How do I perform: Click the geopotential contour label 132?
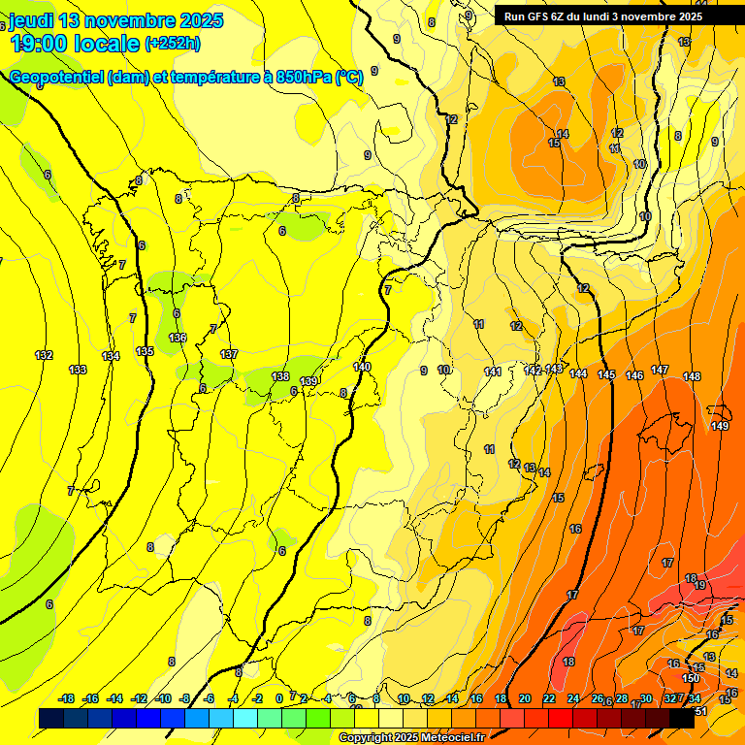(x=44, y=355)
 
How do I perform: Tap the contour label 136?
(x=178, y=338)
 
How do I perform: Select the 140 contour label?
(x=363, y=367)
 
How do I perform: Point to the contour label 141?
(x=493, y=372)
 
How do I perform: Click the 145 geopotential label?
(x=606, y=374)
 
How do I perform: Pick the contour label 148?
(x=692, y=376)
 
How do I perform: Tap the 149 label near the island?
(x=720, y=426)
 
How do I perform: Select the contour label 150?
(x=691, y=678)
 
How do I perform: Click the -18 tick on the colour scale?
(x=67, y=698)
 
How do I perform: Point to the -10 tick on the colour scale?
(x=163, y=698)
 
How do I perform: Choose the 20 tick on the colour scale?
(x=525, y=698)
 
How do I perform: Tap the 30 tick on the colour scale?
(x=646, y=698)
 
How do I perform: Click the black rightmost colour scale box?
(x=682, y=718)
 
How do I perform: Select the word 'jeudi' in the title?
(x=32, y=20)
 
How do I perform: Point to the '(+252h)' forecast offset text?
(x=172, y=44)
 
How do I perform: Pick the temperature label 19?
(x=699, y=585)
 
